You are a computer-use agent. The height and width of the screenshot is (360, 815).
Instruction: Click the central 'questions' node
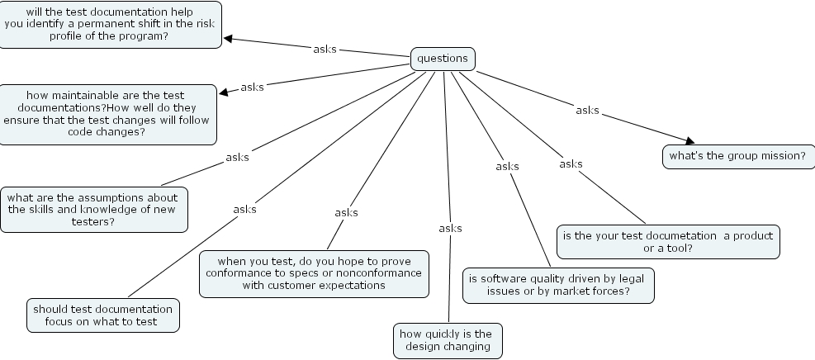443,59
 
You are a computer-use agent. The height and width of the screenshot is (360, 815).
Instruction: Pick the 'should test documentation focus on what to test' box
103,315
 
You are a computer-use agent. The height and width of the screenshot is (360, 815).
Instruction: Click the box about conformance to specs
314,273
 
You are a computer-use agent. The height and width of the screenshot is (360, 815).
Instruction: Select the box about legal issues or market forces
559,284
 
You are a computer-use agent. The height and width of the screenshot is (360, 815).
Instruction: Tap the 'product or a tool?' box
668,241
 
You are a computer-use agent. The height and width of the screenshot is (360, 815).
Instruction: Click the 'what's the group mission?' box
737,156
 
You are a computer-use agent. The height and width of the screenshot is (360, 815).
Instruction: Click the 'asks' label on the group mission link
587,110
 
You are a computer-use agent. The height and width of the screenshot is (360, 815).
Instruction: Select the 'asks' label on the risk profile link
325,49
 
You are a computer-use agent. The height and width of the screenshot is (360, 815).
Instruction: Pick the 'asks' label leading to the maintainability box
252,87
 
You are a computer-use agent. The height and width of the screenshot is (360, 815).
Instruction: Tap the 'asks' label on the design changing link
450,228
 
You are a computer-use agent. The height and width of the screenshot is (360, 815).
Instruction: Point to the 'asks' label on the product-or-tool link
571,163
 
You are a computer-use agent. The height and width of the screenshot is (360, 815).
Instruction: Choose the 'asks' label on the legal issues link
507,166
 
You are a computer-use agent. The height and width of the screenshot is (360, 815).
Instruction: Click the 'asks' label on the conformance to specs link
346,212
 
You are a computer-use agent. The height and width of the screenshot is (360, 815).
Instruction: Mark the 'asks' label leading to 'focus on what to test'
244,209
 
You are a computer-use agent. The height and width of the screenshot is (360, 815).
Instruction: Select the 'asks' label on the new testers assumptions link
237,157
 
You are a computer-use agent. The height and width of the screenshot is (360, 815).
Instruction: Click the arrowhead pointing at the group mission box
689,141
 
